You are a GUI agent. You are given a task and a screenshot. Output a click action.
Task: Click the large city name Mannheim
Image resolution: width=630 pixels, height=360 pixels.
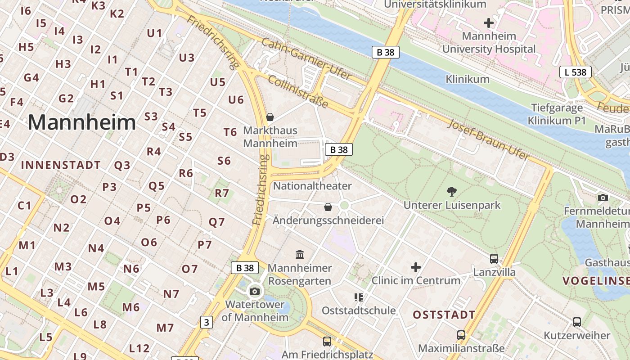click(x=82, y=122)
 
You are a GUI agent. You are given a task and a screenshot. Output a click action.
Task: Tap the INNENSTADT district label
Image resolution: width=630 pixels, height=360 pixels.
click(x=61, y=165)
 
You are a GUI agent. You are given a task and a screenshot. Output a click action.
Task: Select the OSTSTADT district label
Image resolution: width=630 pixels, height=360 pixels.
click(x=444, y=315)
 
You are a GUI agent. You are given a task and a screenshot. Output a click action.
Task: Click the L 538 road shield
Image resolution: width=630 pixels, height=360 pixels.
click(x=575, y=72)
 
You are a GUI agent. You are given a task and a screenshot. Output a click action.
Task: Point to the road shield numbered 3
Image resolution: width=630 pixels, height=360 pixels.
click(x=206, y=322)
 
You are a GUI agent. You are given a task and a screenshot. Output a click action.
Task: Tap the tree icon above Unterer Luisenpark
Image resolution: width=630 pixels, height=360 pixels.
click(x=451, y=192)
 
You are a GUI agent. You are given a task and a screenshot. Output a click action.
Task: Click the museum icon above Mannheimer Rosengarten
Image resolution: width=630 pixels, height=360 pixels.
click(x=300, y=255)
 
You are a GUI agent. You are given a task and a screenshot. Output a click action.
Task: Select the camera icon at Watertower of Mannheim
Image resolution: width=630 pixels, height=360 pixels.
click(x=255, y=291)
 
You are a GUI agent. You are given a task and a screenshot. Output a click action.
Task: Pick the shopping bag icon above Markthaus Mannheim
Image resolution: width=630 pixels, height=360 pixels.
click(x=270, y=117)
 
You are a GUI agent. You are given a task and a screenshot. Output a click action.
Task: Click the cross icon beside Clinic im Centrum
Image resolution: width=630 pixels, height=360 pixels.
click(x=416, y=267)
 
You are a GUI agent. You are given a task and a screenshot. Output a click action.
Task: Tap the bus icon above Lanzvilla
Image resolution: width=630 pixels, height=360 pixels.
click(x=494, y=259)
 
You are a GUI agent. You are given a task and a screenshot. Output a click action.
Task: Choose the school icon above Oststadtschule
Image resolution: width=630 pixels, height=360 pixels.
click(x=359, y=297)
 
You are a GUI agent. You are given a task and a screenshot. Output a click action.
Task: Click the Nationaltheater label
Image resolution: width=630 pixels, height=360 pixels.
click(x=312, y=186)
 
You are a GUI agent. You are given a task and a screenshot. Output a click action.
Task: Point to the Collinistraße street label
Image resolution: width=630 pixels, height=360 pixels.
click(x=298, y=92)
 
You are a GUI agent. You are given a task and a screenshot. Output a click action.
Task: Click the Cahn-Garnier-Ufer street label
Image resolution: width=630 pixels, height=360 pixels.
click(x=306, y=59)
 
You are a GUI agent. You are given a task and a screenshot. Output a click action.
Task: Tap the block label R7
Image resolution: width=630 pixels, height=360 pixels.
click(x=222, y=193)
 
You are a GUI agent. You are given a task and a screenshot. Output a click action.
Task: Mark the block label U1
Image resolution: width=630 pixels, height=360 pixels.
click(x=154, y=33)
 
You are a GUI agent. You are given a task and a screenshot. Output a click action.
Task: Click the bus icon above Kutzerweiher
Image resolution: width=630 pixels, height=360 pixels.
click(x=577, y=322)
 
